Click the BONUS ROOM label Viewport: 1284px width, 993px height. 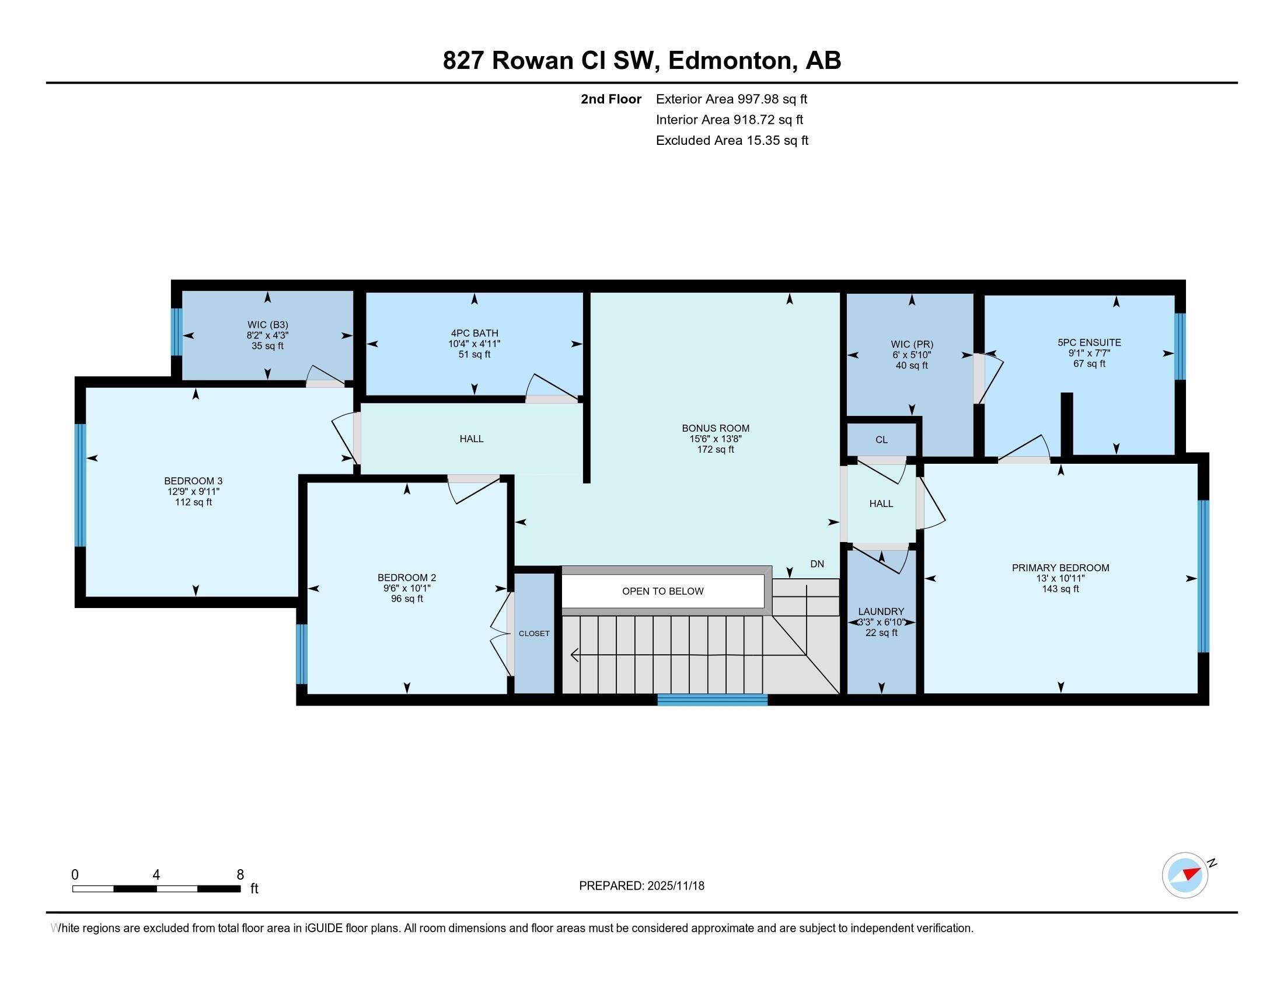(716, 428)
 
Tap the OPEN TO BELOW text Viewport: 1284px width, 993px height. (662, 591)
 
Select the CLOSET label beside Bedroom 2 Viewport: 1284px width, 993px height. (534, 634)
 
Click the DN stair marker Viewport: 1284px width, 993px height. (817, 564)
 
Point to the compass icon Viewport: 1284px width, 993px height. (1185, 876)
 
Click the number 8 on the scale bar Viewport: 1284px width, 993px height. (240, 875)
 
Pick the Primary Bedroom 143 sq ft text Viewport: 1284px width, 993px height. (1060, 589)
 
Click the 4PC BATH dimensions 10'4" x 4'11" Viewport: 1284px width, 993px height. (474, 344)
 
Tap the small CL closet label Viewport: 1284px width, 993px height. (881, 440)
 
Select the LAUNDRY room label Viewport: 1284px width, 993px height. (881, 612)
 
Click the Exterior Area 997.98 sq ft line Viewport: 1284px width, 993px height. (731, 99)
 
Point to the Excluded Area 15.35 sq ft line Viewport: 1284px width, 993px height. (732, 141)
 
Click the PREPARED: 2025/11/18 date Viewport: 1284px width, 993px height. (641, 886)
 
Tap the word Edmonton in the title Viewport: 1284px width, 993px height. (729, 61)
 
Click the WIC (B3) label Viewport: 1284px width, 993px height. (267, 325)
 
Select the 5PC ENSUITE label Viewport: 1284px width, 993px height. (1089, 342)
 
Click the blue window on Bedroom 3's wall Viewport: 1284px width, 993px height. (81, 485)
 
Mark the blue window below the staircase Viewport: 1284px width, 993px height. (712, 699)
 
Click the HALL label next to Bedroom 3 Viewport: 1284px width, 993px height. (471, 439)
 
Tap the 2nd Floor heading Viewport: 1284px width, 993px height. (611, 99)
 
